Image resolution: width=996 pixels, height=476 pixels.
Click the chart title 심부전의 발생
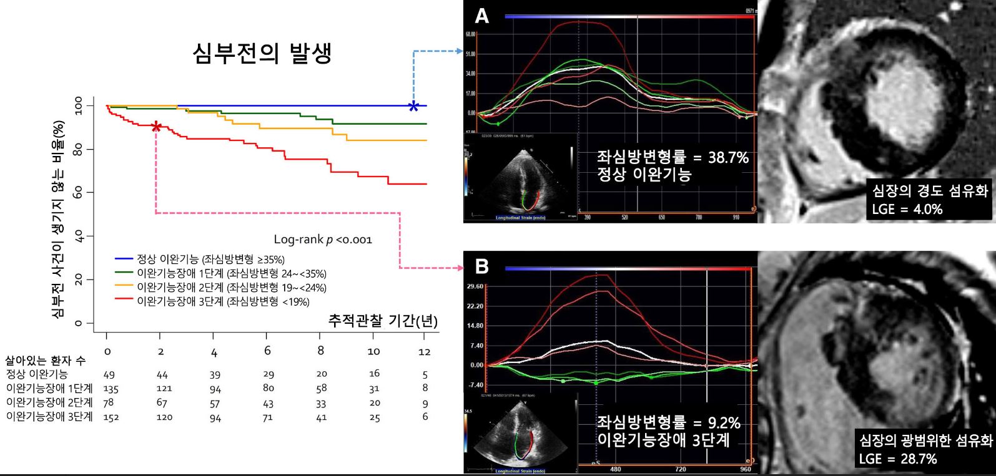[x=262, y=53]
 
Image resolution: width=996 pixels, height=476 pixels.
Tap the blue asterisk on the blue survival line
[x=413, y=105]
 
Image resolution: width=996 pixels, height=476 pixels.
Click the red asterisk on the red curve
[x=156, y=127]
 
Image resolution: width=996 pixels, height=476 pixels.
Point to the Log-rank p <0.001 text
[x=323, y=239]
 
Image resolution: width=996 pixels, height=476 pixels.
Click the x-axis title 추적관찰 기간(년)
[x=383, y=321]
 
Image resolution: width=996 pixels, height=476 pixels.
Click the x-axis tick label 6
[x=267, y=351]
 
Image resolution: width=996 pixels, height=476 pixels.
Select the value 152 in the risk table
[x=109, y=417]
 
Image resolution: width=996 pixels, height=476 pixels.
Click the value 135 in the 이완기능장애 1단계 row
[x=110, y=388]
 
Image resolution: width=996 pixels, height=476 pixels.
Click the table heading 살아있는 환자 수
[x=46, y=361]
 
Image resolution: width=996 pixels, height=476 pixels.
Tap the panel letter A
[x=481, y=16]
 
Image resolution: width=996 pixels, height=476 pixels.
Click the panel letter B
[x=481, y=267]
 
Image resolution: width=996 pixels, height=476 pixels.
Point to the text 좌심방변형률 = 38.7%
[x=673, y=158]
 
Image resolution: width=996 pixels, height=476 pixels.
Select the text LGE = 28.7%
[x=898, y=459]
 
